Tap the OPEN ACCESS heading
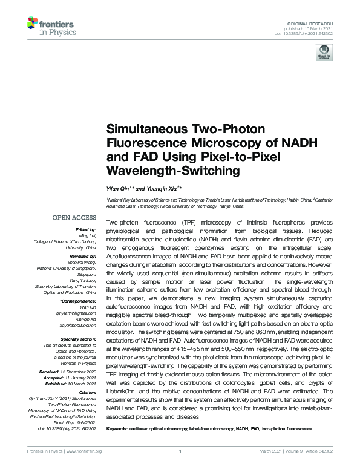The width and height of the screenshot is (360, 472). [x=74, y=217]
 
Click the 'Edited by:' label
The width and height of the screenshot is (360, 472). [x=85, y=231]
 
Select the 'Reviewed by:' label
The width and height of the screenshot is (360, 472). [x=82, y=256]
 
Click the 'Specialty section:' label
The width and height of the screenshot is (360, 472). [x=78, y=339]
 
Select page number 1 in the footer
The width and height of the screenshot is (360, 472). [x=180, y=451]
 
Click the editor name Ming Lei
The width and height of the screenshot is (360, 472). [x=87, y=236]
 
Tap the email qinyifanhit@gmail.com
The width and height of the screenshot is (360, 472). [x=76, y=312]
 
